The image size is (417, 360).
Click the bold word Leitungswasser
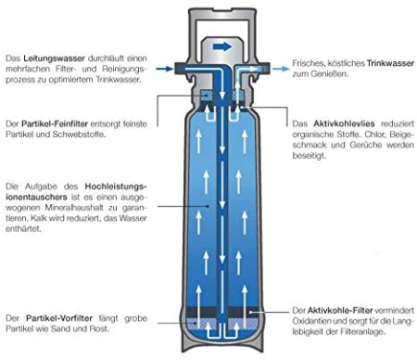point(54,58)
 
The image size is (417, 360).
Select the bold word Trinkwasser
point(390,63)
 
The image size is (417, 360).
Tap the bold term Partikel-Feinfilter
point(55,124)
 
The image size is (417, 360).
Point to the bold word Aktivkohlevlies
point(344,123)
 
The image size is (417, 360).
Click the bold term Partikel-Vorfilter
point(59,318)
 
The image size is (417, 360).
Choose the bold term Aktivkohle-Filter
point(340,310)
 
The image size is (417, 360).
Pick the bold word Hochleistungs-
point(116,186)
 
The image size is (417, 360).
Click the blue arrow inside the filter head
point(222,46)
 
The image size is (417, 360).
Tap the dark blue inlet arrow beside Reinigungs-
point(164,69)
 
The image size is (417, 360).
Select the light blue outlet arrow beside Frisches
point(282,69)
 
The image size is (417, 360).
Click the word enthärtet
point(22,229)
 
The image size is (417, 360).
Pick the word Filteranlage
point(361,332)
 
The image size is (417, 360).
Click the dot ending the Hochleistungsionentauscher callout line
point(208,206)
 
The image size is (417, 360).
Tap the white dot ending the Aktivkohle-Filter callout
point(250,312)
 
